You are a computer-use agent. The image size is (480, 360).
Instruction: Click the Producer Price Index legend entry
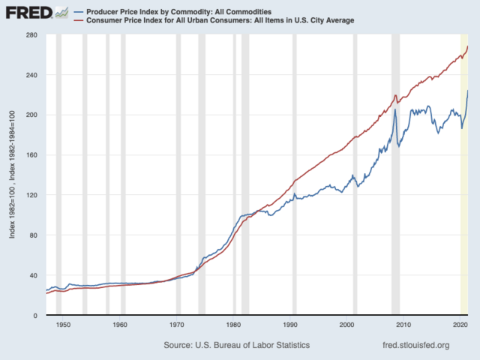tap(178, 12)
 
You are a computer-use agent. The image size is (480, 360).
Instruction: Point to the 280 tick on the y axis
tap(31, 35)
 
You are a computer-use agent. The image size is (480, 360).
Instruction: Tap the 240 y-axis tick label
tap(31, 75)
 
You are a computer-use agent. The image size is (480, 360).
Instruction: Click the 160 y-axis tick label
tap(31, 155)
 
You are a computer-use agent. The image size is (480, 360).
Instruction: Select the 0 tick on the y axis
tap(35, 316)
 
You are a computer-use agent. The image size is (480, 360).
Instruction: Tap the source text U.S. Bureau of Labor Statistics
tap(236, 345)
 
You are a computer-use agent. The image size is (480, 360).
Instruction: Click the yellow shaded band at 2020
tap(464, 225)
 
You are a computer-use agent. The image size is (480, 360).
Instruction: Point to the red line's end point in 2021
tap(468, 46)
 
